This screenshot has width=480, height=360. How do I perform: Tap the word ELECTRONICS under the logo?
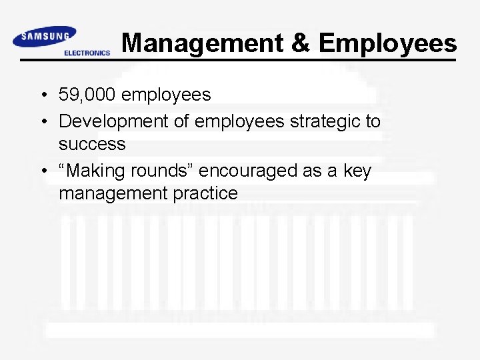[x=87, y=53]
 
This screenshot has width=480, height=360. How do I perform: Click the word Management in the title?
[x=201, y=43]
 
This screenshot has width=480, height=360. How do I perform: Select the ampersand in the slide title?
[x=301, y=43]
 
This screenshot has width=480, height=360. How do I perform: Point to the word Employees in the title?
[x=388, y=45]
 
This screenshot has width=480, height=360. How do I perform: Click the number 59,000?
[x=87, y=95]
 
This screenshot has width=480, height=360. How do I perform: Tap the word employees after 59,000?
[x=167, y=95]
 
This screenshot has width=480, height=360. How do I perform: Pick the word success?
[x=92, y=144]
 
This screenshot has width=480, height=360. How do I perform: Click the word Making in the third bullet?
[x=93, y=171]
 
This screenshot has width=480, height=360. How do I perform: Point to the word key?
[x=357, y=171]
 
